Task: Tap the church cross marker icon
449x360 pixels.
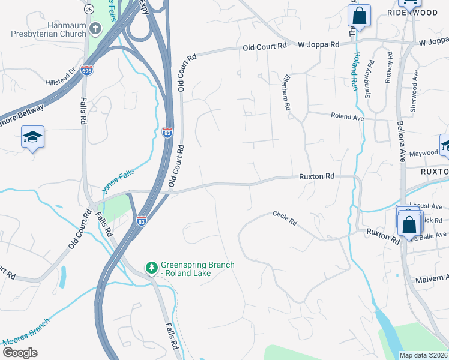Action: pyautogui.click(x=95, y=29)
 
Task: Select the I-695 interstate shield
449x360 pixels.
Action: pyautogui.click(x=86, y=70)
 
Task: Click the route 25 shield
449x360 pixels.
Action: pyautogui.click(x=89, y=9)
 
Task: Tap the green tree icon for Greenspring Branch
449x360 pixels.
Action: pyautogui.click(x=152, y=266)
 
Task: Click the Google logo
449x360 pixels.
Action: pyautogui.click(x=19, y=352)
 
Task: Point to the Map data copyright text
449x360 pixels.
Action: pyautogui.click(x=423, y=355)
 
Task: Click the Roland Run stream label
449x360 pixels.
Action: pyautogui.click(x=354, y=71)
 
